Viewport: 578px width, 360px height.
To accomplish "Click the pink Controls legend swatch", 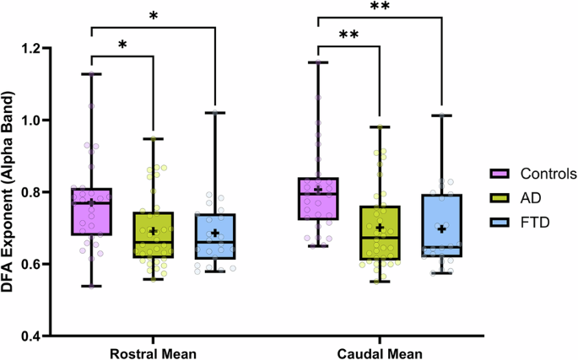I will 500,175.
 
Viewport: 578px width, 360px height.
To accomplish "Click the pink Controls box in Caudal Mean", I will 317,199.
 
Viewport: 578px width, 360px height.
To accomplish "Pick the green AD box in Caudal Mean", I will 380,233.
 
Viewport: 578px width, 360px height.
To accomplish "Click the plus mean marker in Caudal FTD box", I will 442,228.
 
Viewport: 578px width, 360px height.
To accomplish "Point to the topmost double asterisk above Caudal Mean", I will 380,8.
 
